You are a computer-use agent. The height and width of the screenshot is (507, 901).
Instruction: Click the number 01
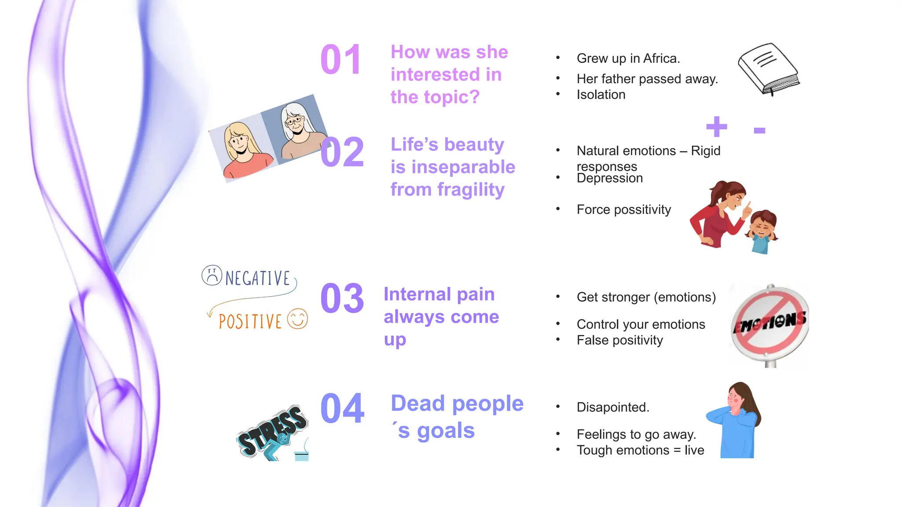point(341,60)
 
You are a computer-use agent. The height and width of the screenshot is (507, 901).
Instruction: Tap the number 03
point(342,299)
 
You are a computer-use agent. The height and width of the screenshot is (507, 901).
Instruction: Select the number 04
point(342,409)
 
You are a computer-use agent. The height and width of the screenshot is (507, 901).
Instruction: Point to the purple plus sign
point(717,127)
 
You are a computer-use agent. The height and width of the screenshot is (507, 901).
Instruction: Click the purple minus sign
point(759,130)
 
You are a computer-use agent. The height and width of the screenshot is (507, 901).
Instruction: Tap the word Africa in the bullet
point(662,59)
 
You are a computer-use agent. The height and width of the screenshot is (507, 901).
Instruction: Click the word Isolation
point(601,95)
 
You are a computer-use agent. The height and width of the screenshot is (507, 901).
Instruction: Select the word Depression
point(610,178)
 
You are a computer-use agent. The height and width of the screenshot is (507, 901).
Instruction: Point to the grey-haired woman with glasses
point(297,129)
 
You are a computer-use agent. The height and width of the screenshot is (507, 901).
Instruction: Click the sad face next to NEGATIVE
point(212,276)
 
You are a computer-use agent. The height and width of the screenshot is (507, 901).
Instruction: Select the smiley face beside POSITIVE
point(297,319)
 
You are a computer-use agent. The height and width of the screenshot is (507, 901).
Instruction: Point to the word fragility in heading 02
point(471,190)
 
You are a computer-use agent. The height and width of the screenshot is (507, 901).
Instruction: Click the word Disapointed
point(613,408)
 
